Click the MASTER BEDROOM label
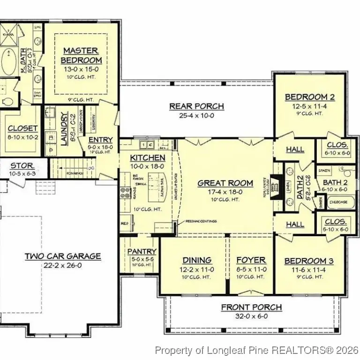click(81, 55)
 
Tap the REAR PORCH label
click(196, 106)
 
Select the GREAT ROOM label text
click(225, 183)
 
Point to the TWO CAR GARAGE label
click(62, 256)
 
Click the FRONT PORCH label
click(252, 307)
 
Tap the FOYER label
click(251, 260)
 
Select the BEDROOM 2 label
click(310, 97)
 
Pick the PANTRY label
click(142, 252)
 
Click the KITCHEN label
click(147, 158)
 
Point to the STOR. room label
click(22, 165)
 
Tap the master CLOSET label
click(22, 128)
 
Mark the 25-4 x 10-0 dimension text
click(196, 115)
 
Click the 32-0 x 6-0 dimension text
click(252, 316)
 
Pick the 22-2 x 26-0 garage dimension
click(62, 265)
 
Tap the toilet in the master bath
click(6, 101)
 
